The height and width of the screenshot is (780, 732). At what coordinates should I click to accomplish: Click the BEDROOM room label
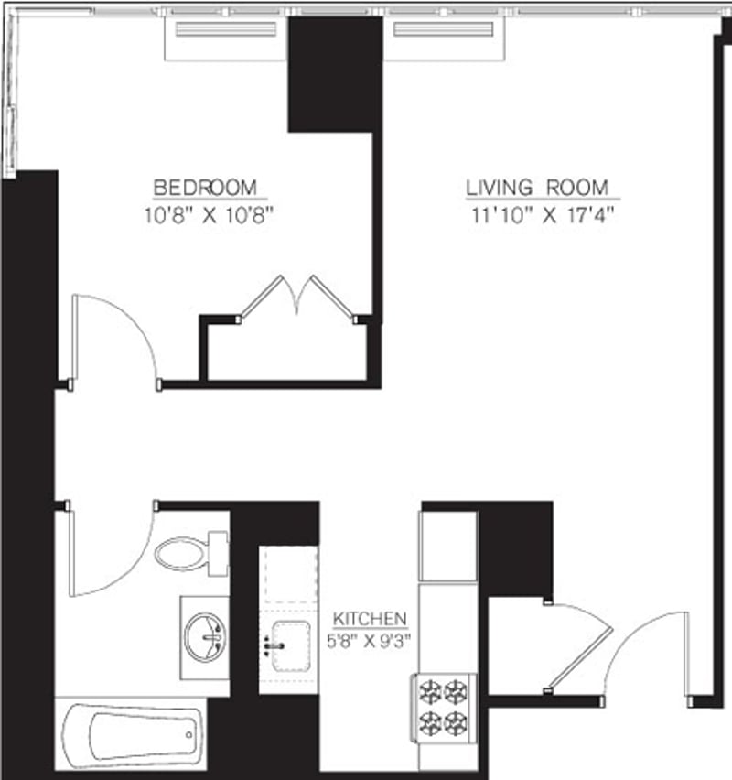pyautogui.click(x=205, y=188)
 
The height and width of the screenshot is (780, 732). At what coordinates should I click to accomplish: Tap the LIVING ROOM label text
pyautogui.click(x=537, y=188)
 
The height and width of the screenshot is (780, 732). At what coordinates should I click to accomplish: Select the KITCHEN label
pyautogui.click(x=370, y=619)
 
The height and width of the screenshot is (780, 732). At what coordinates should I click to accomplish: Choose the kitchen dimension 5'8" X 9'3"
pyautogui.click(x=371, y=641)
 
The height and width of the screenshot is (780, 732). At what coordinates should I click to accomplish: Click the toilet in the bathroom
pyautogui.click(x=188, y=553)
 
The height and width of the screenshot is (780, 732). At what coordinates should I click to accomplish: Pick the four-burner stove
pyautogui.click(x=445, y=706)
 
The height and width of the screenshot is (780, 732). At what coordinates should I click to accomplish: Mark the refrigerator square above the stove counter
pyautogui.click(x=447, y=547)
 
